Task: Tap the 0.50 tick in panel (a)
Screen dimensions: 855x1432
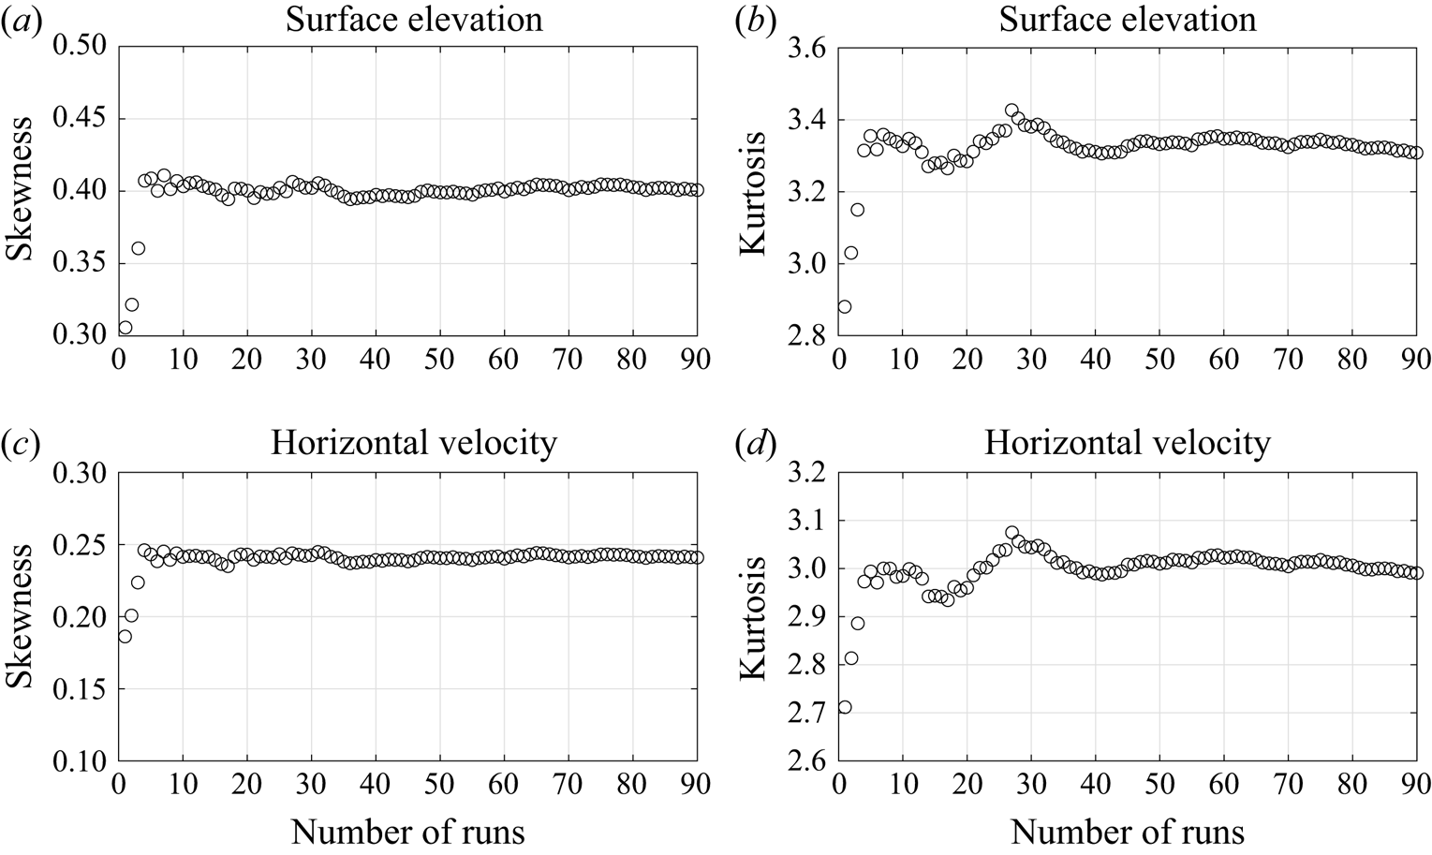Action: (81, 46)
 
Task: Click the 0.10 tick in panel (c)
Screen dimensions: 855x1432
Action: (81, 761)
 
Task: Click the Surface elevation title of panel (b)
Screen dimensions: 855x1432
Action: (1128, 20)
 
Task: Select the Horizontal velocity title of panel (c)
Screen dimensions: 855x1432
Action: (413, 443)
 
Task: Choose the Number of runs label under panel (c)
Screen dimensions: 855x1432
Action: (407, 831)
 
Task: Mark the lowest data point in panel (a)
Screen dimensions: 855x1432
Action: (125, 327)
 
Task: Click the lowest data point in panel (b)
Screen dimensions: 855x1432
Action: (844, 306)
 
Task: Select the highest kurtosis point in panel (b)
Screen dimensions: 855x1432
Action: (1011, 111)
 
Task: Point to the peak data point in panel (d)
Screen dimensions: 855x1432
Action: (1011, 533)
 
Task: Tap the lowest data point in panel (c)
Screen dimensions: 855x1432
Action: (125, 636)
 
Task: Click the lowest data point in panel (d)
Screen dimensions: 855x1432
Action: (844, 707)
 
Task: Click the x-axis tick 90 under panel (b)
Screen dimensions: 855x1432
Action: (1415, 358)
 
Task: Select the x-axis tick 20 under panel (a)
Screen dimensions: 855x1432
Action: (247, 358)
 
